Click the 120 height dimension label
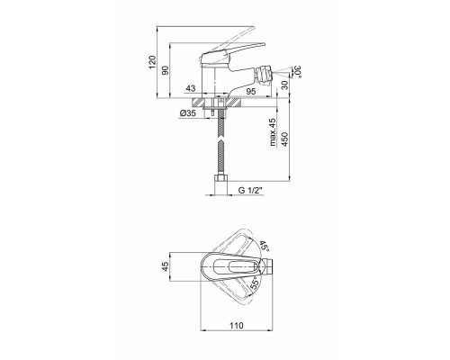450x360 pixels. click(152, 62)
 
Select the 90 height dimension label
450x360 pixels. click(166, 70)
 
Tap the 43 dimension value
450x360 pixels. click(191, 88)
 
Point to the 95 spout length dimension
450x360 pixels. click(251, 91)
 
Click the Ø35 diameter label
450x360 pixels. click(188, 113)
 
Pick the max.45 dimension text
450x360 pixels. click(273, 132)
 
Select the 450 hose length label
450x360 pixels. click(285, 139)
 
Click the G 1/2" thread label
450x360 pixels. click(250, 190)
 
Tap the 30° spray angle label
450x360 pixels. click(298, 71)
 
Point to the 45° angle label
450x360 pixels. click(264, 246)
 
